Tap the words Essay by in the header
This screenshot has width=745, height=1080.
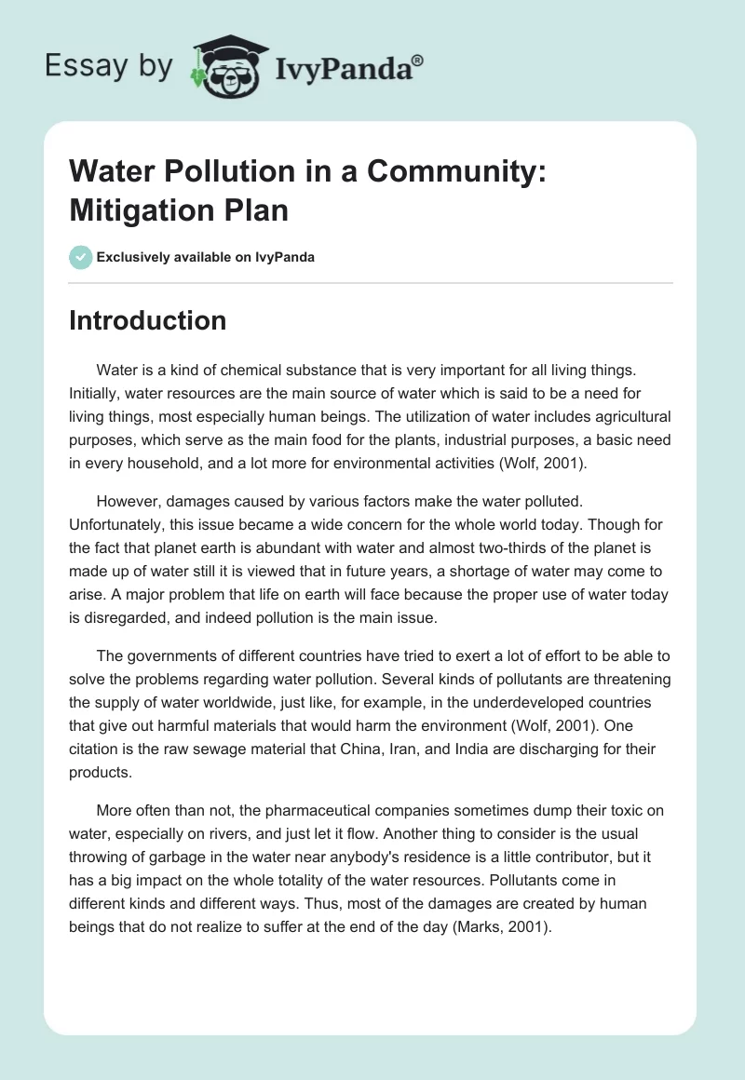pos(108,66)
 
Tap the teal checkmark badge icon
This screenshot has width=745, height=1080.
pos(80,257)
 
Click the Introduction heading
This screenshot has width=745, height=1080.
pos(148,320)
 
